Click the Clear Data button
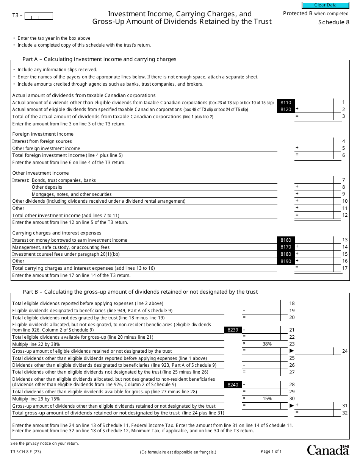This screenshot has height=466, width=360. pyautogui.click(x=325, y=5)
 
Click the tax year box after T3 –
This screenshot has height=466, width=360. pyautogui.click(x=39, y=16)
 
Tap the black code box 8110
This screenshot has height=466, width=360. pyautogui.click(x=286, y=102)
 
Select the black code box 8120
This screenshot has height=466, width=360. pyautogui.click(x=286, y=109)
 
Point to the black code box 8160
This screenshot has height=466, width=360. pyautogui.click(x=286, y=240)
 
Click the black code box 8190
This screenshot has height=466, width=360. pyautogui.click(x=286, y=261)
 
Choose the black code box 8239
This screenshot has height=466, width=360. pyautogui.click(x=233, y=330)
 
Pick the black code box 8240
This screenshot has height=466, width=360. pyautogui.click(x=233, y=385)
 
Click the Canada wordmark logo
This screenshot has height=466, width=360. pyautogui.click(x=327, y=450)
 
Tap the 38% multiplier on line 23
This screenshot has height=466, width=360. pyautogui.click(x=267, y=344)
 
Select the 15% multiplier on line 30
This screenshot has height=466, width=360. pyautogui.click(x=267, y=399)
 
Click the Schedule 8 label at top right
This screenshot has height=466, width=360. pyautogui.click(x=333, y=22)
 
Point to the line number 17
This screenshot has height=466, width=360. pyautogui.click(x=344, y=268)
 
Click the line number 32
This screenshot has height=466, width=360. pyautogui.click(x=344, y=413)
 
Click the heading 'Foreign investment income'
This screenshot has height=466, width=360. pyautogui.click(x=43, y=134)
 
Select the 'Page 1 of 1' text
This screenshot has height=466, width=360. pyautogui.click(x=271, y=451)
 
